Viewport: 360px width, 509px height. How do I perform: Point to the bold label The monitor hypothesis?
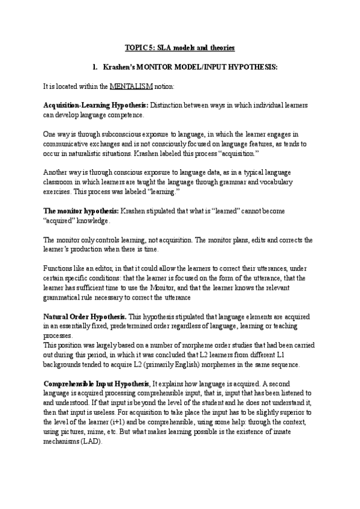click(x=81, y=212)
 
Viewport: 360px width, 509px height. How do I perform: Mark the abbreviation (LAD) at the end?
click(x=91, y=439)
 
